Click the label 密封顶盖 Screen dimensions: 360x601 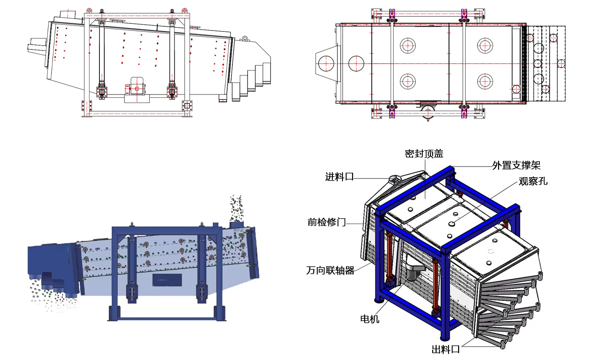point(424,154)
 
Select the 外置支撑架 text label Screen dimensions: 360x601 point(516,166)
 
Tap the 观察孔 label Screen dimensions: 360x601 point(533,181)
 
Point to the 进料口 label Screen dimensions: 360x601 point(339,177)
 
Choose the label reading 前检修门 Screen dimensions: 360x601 point(327,222)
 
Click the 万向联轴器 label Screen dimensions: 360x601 point(330,271)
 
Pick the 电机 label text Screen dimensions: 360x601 point(369,319)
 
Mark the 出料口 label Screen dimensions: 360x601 point(445,350)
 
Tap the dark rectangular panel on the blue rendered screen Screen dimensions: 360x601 point(167,280)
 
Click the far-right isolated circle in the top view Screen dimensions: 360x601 point(561,63)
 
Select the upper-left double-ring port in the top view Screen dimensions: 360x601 point(407,45)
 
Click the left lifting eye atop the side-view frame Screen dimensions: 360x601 point(89,10)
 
